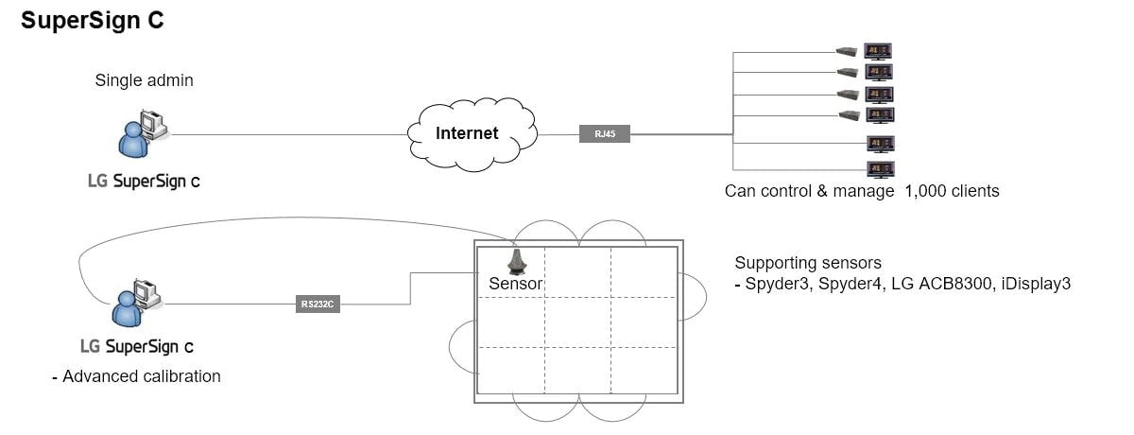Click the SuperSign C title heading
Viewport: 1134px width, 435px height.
[93, 22]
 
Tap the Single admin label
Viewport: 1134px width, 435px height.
[144, 80]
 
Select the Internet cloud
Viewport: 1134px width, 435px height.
[467, 133]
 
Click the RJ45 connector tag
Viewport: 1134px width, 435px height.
[605, 134]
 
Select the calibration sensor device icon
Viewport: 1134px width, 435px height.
[516, 260]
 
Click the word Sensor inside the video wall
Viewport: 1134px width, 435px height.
[516, 283]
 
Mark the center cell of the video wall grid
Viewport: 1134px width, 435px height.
[577, 322]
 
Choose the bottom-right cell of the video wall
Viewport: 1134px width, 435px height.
[644, 371]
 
